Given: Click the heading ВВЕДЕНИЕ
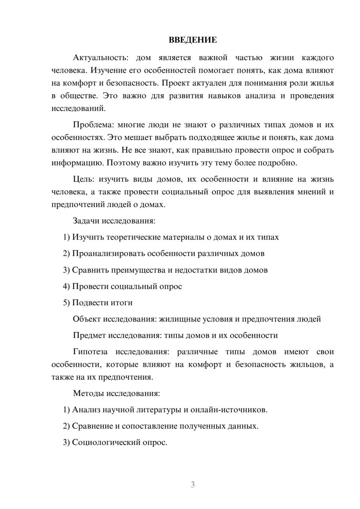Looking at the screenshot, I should click(193, 40).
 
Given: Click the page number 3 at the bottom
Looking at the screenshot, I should click(193, 485).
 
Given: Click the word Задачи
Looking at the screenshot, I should click(86, 221).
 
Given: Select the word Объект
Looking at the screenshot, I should click(87, 319).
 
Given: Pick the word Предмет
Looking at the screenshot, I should click(90, 335).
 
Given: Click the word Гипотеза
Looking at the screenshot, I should click(90, 352).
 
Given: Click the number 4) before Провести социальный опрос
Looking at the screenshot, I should click(66, 287).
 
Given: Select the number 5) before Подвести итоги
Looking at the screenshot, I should click(66, 303).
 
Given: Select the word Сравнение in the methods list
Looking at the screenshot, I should click(93, 426).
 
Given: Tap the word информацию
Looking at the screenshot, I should click(77, 163).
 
